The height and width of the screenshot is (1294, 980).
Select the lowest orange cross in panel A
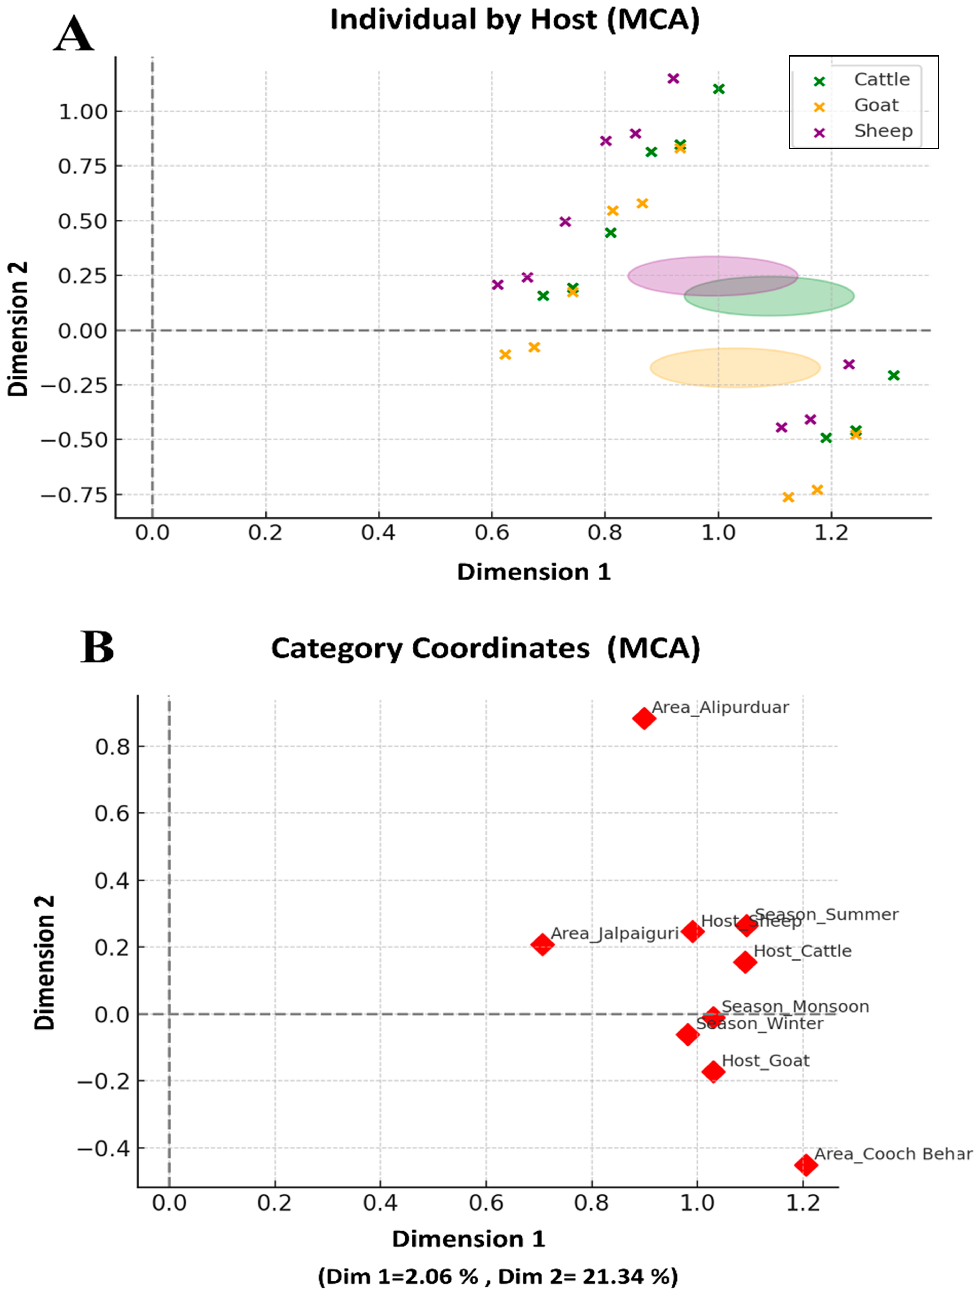click(788, 497)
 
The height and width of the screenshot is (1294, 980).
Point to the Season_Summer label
click(826, 914)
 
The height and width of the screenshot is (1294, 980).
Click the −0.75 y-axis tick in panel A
click(74, 495)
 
